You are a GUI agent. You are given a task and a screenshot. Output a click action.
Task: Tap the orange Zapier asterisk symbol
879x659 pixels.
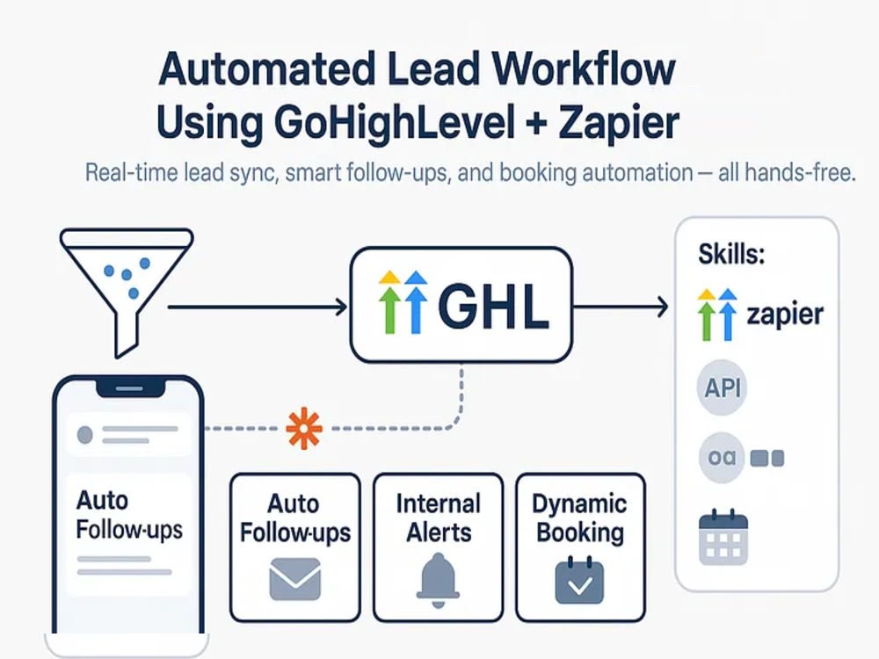(304, 428)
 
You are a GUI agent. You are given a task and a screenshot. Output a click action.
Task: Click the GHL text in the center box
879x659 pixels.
(492, 306)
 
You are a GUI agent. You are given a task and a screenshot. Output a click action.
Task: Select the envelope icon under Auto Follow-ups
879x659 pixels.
(294, 579)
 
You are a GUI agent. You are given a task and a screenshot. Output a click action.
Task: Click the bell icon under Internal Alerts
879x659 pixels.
(438, 581)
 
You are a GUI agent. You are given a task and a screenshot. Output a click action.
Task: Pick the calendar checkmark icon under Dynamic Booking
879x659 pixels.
(579, 580)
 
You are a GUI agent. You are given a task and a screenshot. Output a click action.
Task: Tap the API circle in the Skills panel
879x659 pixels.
(723, 387)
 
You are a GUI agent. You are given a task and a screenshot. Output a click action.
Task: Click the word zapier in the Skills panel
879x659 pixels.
(785, 314)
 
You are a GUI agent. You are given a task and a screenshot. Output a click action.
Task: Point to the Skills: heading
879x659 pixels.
(731, 254)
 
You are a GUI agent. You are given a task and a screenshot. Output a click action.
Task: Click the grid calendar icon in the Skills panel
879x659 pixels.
(723, 537)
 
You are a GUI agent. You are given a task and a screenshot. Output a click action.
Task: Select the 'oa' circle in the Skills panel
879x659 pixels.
(722, 457)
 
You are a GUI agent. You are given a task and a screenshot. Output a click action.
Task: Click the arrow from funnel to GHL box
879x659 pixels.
(258, 307)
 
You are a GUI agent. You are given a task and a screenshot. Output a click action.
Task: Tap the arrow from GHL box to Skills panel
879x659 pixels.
(621, 307)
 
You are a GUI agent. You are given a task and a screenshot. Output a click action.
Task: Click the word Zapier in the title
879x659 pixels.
(619, 122)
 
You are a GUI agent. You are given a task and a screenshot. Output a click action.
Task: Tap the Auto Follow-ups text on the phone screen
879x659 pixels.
(129, 514)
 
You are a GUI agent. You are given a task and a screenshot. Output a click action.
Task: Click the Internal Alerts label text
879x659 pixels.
(439, 518)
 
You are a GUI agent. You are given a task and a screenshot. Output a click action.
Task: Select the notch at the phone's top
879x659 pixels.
(130, 387)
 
